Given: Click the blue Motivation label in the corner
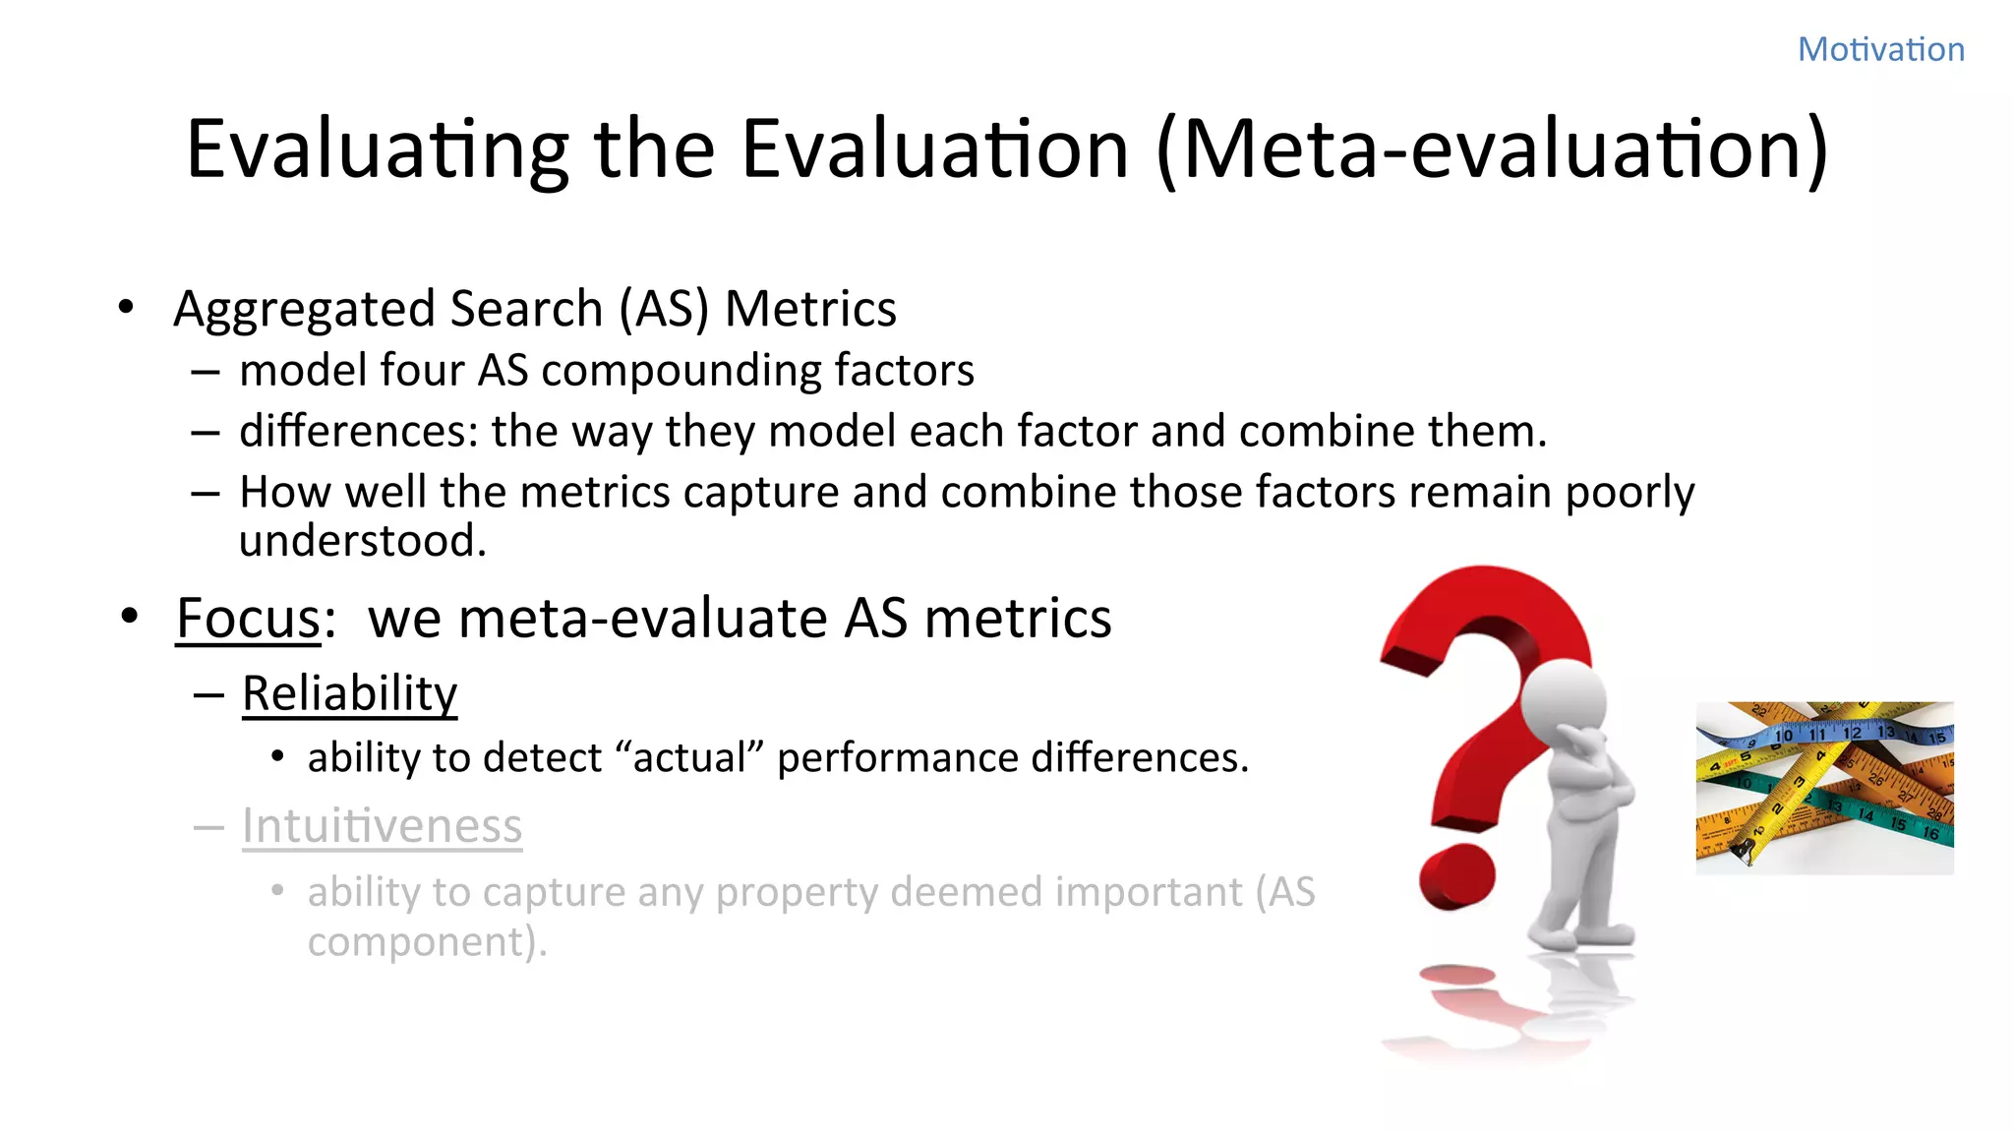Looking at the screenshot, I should click(1880, 49).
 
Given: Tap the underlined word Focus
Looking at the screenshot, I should click(248, 619).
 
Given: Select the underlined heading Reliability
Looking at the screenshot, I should click(349, 693).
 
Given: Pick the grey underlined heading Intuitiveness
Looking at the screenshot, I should click(382, 826).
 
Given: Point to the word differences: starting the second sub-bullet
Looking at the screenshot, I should click(358, 432).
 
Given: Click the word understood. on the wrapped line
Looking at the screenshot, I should click(362, 541).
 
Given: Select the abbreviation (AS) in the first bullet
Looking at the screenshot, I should click(663, 310).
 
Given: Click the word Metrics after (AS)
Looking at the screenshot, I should click(810, 310).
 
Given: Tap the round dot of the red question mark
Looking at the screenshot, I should click(1456, 876).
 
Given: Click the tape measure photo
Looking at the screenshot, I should click(1824, 788).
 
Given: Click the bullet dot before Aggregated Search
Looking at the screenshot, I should click(125, 308).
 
